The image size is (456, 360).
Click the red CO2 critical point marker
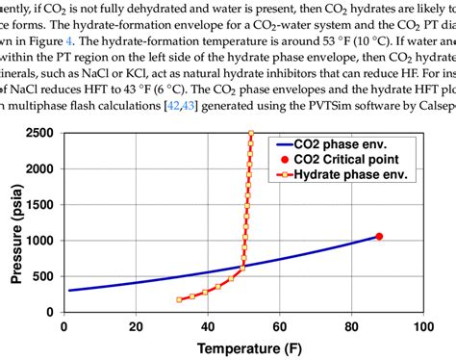379,236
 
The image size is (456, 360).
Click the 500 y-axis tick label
45,277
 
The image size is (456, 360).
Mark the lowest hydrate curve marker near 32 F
179,300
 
